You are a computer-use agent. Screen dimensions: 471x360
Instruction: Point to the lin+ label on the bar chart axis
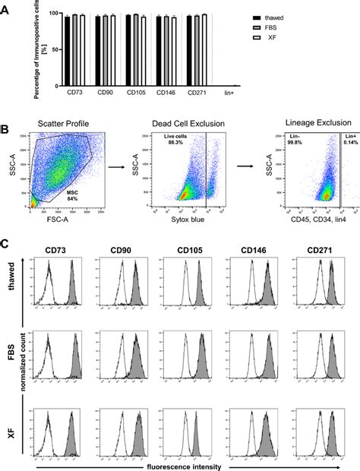point(233,92)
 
